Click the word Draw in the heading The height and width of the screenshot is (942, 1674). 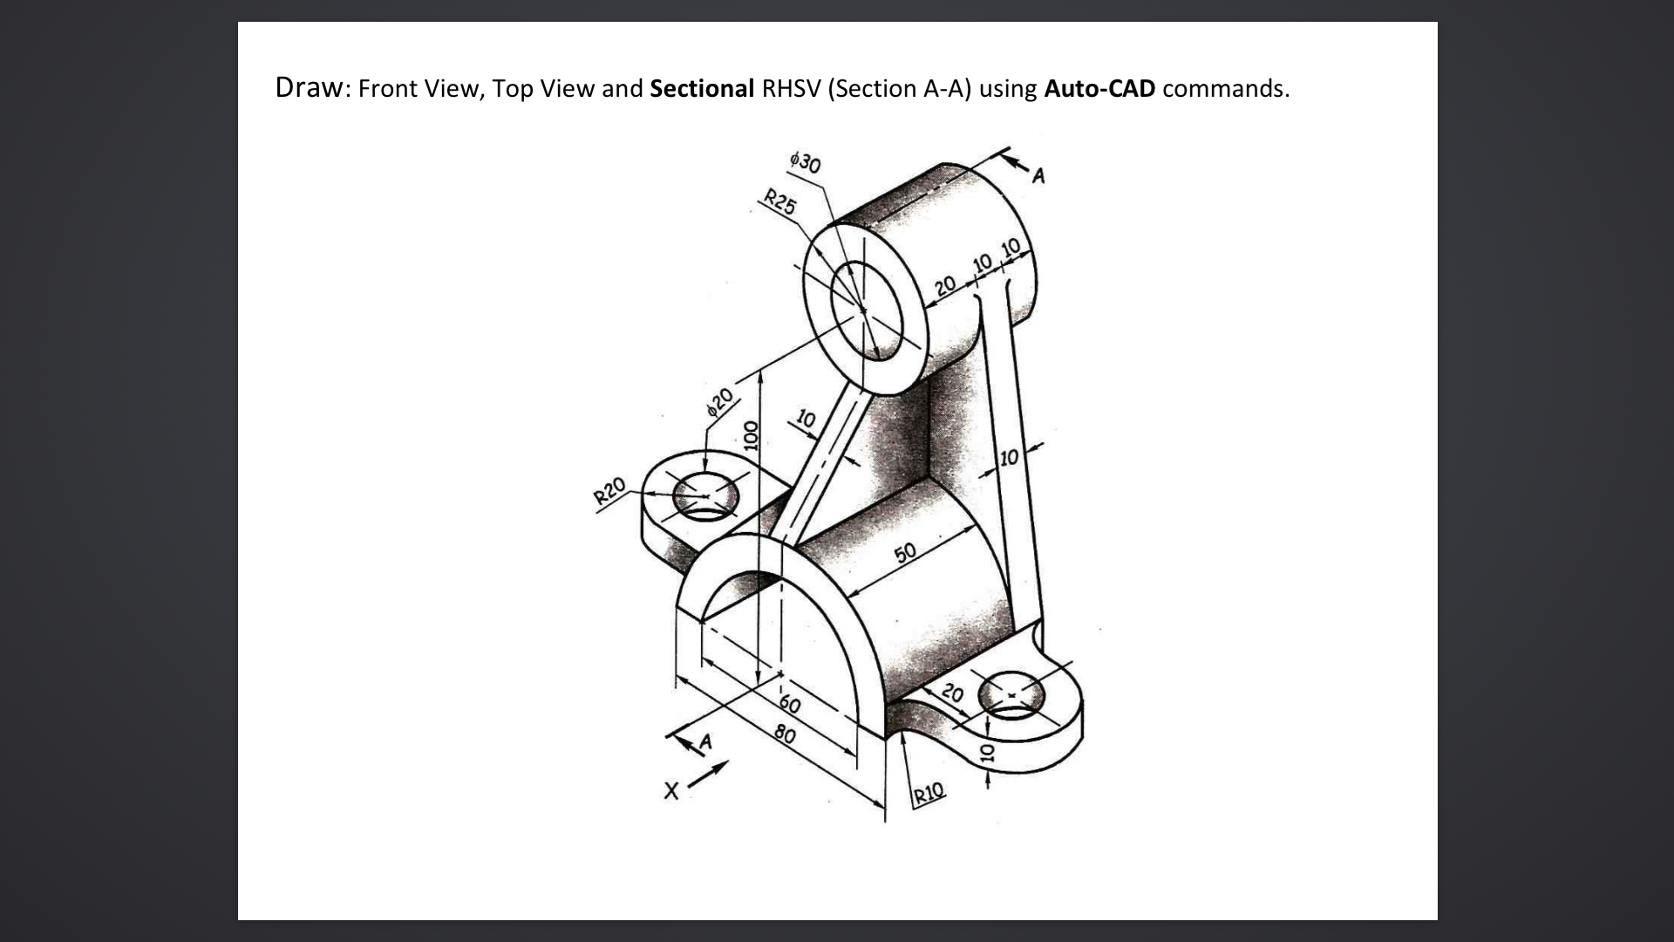(x=309, y=87)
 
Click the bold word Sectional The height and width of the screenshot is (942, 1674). (x=702, y=89)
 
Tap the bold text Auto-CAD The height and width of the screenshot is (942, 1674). (x=1099, y=89)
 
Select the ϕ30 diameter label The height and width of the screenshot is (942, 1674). (x=805, y=162)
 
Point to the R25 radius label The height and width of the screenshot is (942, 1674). (x=780, y=201)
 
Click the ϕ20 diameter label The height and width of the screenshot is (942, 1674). (x=720, y=402)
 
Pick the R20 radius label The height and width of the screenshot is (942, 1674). (x=609, y=491)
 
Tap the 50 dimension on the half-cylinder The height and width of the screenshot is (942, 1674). (x=905, y=552)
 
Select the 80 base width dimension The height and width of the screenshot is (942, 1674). (x=785, y=735)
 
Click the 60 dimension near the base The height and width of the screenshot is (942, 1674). (x=789, y=703)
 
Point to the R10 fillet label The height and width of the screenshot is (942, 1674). (x=929, y=792)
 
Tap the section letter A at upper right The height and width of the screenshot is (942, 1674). (x=1038, y=177)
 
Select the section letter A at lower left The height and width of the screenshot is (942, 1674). (x=705, y=742)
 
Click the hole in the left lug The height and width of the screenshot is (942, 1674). (x=706, y=498)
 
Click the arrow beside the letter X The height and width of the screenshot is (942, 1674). (x=709, y=775)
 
